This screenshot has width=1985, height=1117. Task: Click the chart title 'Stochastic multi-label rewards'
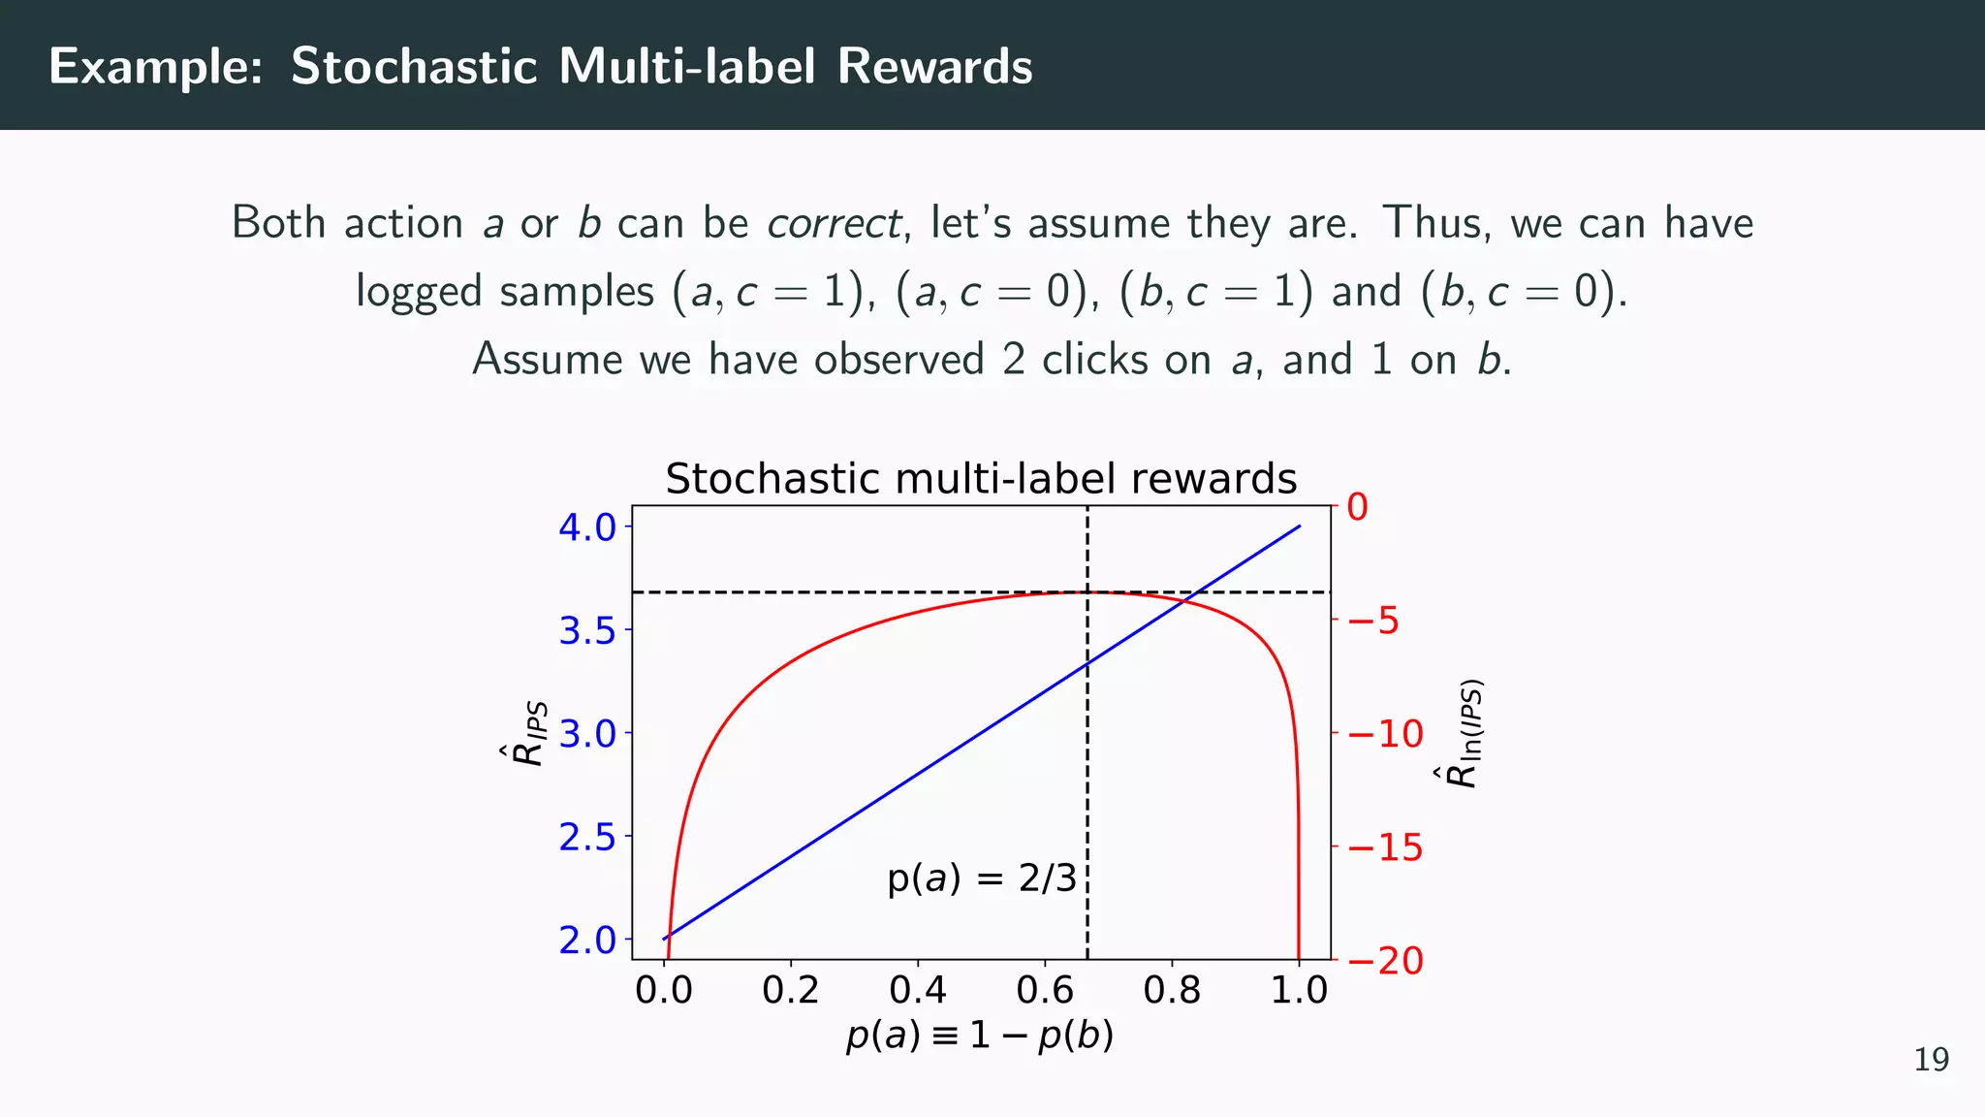pyautogui.click(x=981, y=479)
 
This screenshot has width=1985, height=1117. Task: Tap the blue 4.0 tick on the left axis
pyautogui.click(x=587, y=527)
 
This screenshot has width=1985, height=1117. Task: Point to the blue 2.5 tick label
pyautogui.click(x=587, y=837)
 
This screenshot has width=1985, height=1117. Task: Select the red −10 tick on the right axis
pyautogui.click(x=1385, y=734)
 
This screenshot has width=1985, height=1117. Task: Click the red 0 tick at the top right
pyautogui.click(x=1357, y=507)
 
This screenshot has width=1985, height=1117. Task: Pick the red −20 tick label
pyautogui.click(x=1385, y=961)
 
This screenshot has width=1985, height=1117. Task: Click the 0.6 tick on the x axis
pyautogui.click(x=1045, y=991)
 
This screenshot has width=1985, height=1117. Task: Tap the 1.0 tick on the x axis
pyautogui.click(x=1299, y=991)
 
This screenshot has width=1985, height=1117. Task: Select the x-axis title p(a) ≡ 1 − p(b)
pyautogui.click(x=980, y=1036)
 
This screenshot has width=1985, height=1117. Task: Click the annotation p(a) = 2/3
pyautogui.click(x=981, y=878)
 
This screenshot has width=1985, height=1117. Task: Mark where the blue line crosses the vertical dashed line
pyautogui.click(x=1087, y=663)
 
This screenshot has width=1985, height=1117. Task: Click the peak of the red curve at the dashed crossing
pyautogui.click(x=1087, y=591)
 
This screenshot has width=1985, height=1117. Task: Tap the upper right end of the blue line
pyautogui.click(x=1299, y=527)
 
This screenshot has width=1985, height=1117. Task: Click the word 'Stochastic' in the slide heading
pyautogui.click(x=414, y=67)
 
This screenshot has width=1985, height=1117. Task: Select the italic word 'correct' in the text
pyautogui.click(x=834, y=224)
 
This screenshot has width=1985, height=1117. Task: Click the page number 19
pyautogui.click(x=1931, y=1060)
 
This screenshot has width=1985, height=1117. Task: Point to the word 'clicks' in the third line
pyautogui.click(x=1095, y=360)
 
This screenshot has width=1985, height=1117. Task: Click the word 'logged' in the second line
pyautogui.click(x=418, y=293)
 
